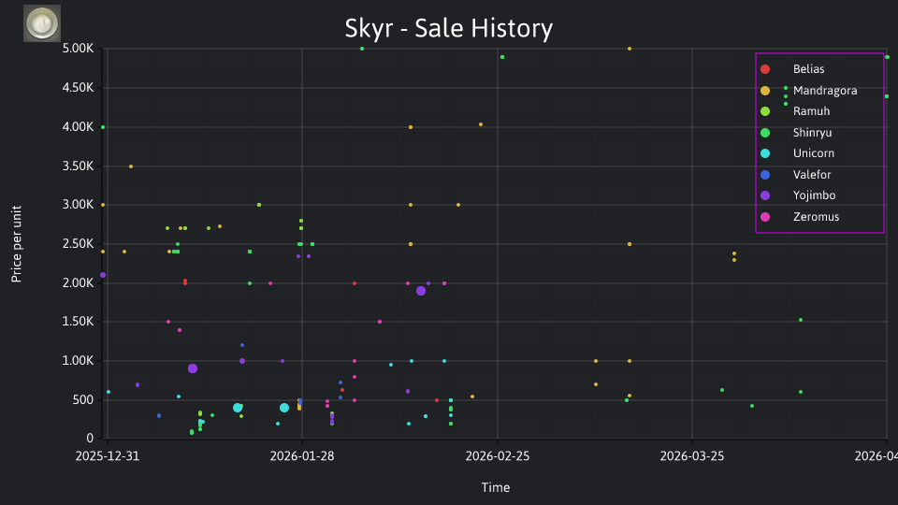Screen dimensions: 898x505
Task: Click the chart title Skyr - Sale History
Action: coord(448,28)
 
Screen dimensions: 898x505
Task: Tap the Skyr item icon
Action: coord(42,23)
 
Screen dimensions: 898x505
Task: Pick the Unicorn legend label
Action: coord(813,152)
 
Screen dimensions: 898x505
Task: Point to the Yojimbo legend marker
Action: coord(765,195)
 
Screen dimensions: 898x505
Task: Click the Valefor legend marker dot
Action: coord(765,175)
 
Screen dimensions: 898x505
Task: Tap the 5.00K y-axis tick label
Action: coord(78,49)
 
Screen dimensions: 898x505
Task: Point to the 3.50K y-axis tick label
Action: coord(78,166)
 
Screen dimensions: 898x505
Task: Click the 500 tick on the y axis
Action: coord(83,399)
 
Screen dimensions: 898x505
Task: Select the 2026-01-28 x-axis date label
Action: coord(302,455)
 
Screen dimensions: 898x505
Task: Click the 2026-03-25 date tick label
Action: coord(692,455)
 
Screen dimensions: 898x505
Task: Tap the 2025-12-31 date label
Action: coord(107,455)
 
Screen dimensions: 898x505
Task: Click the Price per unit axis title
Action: coord(16,244)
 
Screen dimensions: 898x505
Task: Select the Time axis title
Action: coord(496,487)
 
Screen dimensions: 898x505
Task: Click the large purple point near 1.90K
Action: coord(421,291)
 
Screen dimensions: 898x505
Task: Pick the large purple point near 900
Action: coord(193,368)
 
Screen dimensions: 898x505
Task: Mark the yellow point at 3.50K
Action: coord(131,166)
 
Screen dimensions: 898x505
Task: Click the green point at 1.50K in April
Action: coord(801,320)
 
